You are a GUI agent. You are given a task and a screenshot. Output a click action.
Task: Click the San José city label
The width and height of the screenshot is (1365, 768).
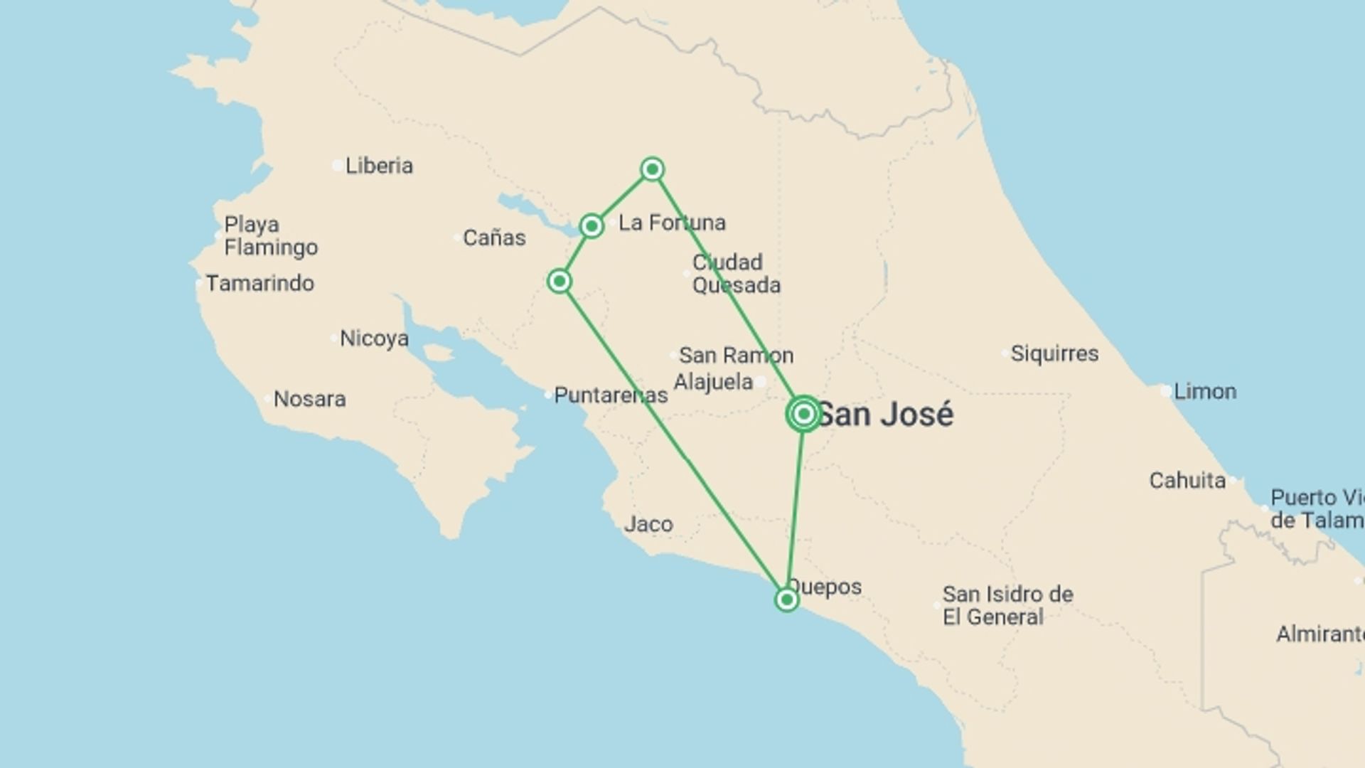point(886,415)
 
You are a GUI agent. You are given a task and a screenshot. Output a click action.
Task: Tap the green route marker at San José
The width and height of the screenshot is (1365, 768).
point(804,414)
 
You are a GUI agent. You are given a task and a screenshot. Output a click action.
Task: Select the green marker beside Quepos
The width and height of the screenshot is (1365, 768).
point(786,600)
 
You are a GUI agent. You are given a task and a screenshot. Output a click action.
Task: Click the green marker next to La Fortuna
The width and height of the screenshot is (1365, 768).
point(591,226)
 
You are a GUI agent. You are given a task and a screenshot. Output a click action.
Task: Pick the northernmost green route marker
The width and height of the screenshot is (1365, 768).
point(652,169)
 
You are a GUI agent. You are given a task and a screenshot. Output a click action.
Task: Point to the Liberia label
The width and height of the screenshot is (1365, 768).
point(379,166)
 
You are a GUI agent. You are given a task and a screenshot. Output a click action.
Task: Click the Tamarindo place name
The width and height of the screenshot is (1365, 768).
point(260,283)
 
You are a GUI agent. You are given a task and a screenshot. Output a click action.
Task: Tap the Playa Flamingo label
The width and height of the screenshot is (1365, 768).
point(271,236)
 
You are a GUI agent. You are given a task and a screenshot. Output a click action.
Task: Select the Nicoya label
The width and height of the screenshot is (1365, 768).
point(374,338)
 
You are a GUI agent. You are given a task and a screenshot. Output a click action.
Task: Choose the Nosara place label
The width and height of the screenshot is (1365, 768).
point(310,399)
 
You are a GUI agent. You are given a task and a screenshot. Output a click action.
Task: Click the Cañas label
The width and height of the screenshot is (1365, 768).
point(494,238)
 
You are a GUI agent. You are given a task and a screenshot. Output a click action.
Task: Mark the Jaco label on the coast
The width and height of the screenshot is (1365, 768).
point(648,525)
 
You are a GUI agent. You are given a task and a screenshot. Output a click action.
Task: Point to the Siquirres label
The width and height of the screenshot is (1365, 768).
point(1054,353)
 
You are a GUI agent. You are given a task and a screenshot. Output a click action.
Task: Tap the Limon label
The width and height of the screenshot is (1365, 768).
point(1205,391)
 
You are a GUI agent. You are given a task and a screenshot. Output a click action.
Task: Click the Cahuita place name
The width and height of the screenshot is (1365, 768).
point(1187,481)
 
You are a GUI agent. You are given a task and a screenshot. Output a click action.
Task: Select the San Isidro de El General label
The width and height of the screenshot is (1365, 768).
point(1007,605)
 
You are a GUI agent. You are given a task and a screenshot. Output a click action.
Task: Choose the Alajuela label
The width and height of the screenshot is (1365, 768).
point(713,382)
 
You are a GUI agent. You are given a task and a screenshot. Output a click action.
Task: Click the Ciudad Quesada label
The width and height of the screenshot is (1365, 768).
point(736,274)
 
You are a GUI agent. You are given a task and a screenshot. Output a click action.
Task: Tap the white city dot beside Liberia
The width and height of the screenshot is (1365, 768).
point(337,166)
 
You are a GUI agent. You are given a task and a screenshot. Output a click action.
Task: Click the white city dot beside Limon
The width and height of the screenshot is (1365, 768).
point(1166,390)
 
